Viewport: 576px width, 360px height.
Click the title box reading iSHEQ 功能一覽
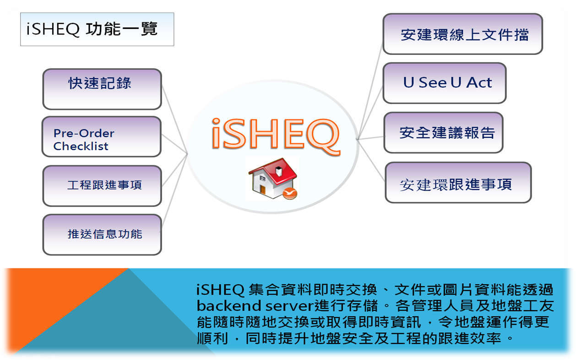pyautogui.click(x=97, y=29)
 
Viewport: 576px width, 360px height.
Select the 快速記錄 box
pyautogui.click(x=102, y=89)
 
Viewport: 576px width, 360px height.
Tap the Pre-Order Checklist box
pyautogui.click(x=102, y=136)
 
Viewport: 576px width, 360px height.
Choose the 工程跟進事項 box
pyautogui.click(x=102, y=186)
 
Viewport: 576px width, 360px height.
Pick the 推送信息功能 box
pyautogui.click(x=102, y=235)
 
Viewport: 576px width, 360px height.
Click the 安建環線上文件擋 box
pyautogui.click(x=462, y=34)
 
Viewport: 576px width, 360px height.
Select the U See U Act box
pyautogui.click(x=444, y=83)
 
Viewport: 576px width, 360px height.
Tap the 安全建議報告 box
pyautogui.click(x=443, y=133)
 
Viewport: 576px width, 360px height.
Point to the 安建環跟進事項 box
pyautogui.click(x=458, y=183)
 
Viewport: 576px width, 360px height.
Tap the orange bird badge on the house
pyautogui.click(x=290, y=193)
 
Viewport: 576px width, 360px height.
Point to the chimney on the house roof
pyautogui.click(x=278, y=171)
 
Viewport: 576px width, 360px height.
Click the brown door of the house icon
pyautogui.click(x=262, y=190)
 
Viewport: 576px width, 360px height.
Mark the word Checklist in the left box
pyautogui.click(x=81, y=146)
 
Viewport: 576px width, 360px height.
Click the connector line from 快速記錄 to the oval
pyautogui.click(x=174, y=119)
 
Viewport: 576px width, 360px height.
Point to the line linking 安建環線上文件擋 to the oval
pyautogui.click(x=370, y=91)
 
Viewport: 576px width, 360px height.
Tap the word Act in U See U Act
pyautogui.click(x=479, y=82)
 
